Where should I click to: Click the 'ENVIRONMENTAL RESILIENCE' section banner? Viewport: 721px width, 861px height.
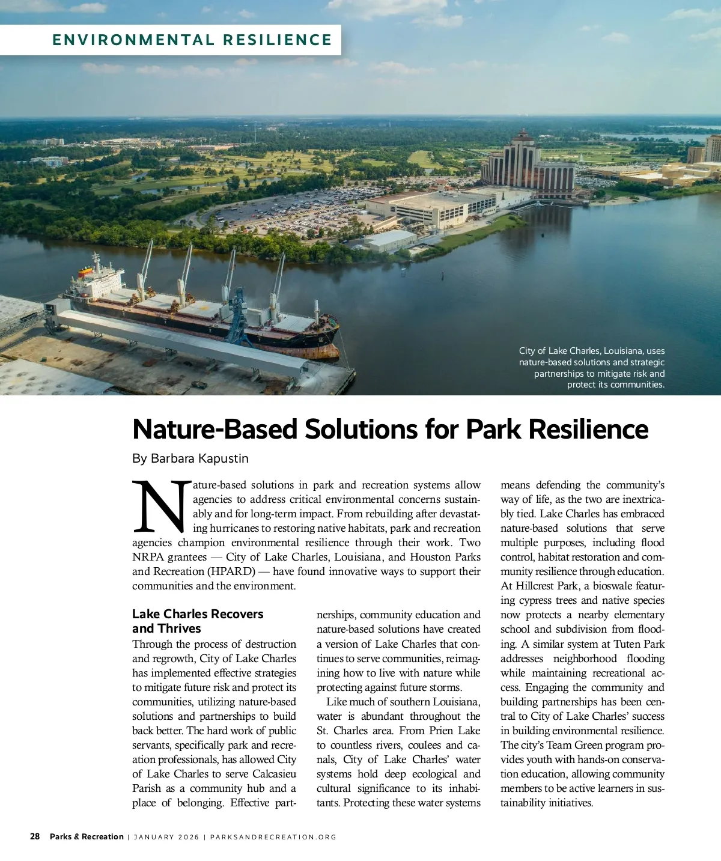[x=192, y=40]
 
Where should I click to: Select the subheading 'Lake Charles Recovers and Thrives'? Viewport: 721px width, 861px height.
[x=198, y=621]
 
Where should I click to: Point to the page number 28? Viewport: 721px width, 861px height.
[x=35, y=836]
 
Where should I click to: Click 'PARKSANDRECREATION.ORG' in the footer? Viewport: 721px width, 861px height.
[x=273, y=837]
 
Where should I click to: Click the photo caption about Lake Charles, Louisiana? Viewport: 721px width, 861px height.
[x=592, y=368]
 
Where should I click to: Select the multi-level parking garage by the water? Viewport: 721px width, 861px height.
[x=430, y=207]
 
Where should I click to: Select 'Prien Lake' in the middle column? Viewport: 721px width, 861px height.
[x=455, y=731]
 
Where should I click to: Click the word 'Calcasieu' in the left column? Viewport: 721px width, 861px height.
[x=274, y=774]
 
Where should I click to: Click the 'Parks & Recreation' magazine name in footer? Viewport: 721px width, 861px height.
[x=87, y=836]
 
